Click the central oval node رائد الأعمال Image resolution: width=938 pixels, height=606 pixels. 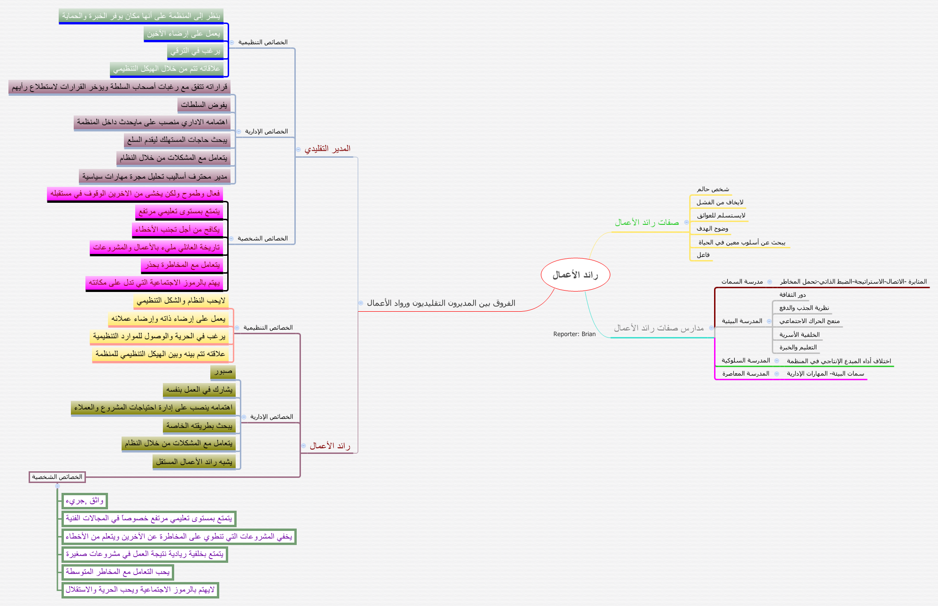click(575, 275)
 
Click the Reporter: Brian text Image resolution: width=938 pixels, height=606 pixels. click(574, 334)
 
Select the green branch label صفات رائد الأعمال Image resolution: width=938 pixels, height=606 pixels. click(647, 222)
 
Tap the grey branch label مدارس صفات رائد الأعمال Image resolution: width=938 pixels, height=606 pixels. click(659, 328)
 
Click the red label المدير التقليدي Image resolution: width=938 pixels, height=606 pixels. click(327, 149)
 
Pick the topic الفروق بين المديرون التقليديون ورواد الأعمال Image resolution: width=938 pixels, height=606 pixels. click(441, 303)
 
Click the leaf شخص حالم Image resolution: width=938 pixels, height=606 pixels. click(713, 189)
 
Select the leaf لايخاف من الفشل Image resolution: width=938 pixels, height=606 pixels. click(720, 202)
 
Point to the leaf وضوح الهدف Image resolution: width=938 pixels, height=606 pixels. click(712, 229)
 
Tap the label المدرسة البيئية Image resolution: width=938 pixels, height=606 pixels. click(742, 321)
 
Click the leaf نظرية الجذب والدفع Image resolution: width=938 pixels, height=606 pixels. click(804, 308)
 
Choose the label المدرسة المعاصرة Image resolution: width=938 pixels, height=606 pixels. click(746, 374)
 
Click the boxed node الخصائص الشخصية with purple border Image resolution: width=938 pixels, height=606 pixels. click(57, 477)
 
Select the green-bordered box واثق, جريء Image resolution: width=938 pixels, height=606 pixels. click(85, 501)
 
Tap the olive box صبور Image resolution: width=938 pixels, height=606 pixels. click(223, 372)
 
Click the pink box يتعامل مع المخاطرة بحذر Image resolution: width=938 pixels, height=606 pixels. click(182, 265)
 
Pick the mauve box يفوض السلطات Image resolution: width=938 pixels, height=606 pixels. click(204, 105)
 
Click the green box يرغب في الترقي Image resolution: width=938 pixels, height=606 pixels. click(195, 51)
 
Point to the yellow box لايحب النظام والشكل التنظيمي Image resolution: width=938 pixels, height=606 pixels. click(181, 301)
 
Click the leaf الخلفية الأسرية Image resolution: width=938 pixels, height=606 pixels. click(799, 335)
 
